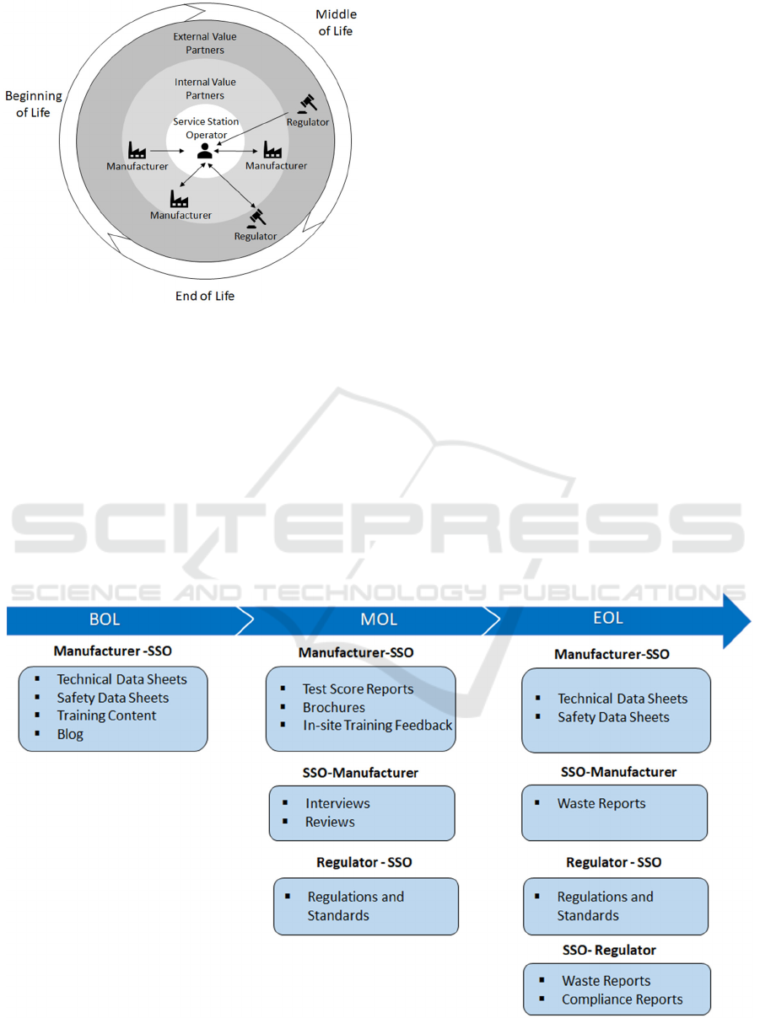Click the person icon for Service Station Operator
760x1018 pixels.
pyautogui.click(x=204, y=151)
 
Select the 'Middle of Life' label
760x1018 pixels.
pyautogui.click(x=336, y=23)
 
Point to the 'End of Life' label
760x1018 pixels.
pyautogui.click(x=205, y=295)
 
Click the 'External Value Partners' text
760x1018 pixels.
pyautogui.click(x=205, y=44)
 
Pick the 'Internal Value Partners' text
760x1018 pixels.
pyautogui.click(x=205, y=89)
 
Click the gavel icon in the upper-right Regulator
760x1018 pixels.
pyautogui.click(x=308, y=104)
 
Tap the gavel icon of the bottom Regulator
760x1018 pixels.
pyautogui.click(x=256, y=217)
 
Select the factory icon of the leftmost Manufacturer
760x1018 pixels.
pyautogui.click(x=137, y=151)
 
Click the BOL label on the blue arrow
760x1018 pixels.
pyautogui.click(x=105, y=619)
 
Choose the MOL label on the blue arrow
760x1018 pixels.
pyautogui.click(x=379, y=619)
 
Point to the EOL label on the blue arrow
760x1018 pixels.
pyautogui.click(x=607, y=618)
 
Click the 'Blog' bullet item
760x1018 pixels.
pyautogui.click(x=70, y=734)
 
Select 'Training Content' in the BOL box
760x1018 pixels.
pyautogui.click(x=106, y=715)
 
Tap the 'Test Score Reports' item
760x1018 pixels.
pyautogui.click(x=358, y=689)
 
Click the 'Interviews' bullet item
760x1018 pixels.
pyautogui.click(x=337, y=803)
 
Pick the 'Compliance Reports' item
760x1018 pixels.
pyautogui.click(x=623, y=999)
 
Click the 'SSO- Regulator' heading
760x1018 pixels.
pyautogui.click(x=609, y=950)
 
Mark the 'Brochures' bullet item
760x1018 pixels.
pyautogui.click(x=334, y=707)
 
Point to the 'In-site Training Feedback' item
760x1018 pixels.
pyautogui.click(x=377, y=725)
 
